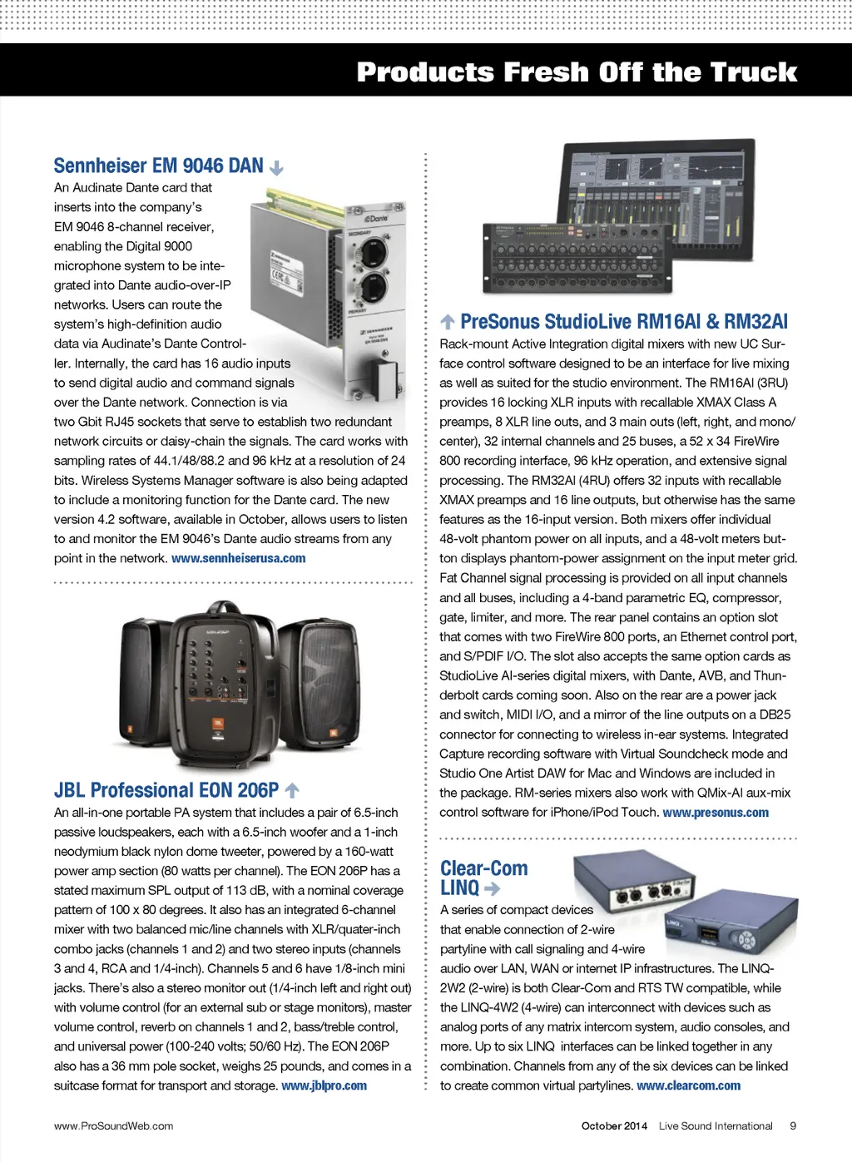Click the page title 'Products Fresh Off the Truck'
tap(577, 72)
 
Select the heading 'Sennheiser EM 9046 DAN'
tap(158, 166)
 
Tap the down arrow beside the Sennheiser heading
tap(276, 167)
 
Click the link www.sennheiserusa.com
tap(238, 558)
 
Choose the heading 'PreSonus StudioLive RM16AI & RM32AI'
tap(623, 322)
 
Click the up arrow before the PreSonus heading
tap(447, 322)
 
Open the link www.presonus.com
tap(716, 813)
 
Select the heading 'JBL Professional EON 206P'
tap(166, 790)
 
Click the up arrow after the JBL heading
tap(291, 790)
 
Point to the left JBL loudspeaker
tap(146, 682)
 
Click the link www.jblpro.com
tap(324, 1085)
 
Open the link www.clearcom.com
tap(688, 1085)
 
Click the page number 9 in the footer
tap(793, 1125)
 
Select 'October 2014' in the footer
tap(614, 1125)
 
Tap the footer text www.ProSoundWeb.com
tap(113, 1125)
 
